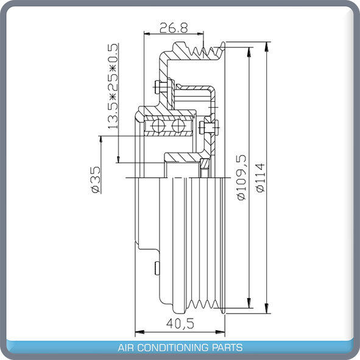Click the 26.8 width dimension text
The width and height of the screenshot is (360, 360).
170,27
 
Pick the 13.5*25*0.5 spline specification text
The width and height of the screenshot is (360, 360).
113,87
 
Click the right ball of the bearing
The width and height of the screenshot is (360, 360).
178,127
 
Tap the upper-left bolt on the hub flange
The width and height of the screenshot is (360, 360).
160,87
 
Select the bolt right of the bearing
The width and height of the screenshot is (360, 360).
208,127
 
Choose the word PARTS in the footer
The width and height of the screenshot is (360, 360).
228,348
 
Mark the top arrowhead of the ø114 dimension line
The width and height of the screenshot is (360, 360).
267,46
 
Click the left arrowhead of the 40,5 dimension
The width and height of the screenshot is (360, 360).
138,333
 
